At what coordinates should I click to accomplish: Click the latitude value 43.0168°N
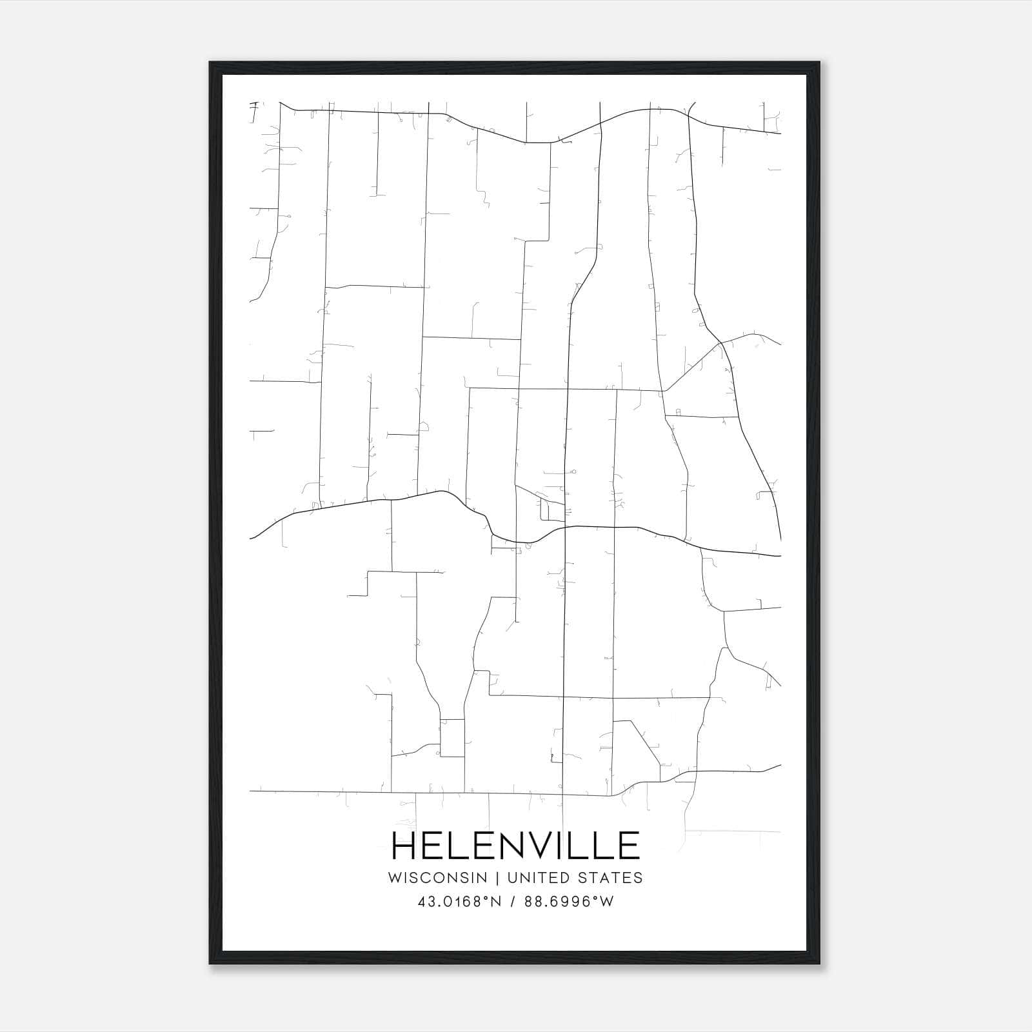(459, 902)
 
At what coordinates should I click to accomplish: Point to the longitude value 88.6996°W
(569, 902)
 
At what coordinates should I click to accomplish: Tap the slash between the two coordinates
(513, 902)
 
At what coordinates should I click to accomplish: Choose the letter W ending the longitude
(606, 902)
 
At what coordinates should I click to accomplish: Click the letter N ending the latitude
(496, 902)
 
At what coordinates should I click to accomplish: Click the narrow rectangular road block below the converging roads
(452, 737)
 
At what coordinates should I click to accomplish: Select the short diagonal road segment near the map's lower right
(644, 742)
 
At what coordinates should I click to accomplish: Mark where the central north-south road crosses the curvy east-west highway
(565, 527)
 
